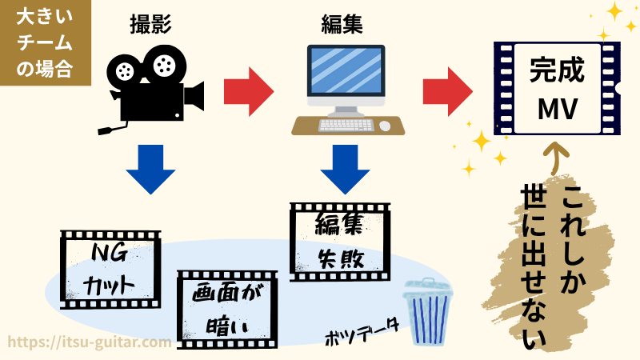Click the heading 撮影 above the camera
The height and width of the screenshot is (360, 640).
click(150, 24)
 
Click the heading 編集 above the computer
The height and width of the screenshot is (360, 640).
click(342, 24)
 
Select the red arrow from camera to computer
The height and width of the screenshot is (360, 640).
click(249, 91)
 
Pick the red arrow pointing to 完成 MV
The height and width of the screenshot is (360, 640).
click(448, 91)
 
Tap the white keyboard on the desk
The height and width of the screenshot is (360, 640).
click(346, 125)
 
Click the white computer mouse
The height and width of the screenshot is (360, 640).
click(385, 126)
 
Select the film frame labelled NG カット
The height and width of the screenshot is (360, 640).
click(110, 270)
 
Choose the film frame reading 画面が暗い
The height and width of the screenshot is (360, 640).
click(227, 310)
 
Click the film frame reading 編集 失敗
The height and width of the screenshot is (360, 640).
click(340, 242)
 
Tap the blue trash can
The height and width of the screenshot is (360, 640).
click(428, 312)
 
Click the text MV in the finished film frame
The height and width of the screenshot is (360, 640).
click(557, 109)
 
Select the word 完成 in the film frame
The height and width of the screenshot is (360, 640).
click(557, 70)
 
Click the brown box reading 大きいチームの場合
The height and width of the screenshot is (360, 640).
click(46, 42)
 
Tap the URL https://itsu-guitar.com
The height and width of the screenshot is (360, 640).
click(90, 342)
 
